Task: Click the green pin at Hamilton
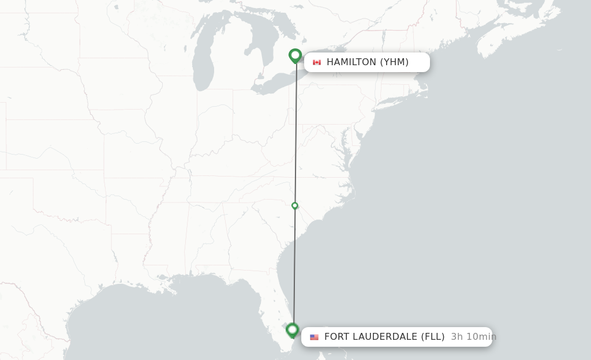[295, 55]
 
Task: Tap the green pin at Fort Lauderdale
[293, 330]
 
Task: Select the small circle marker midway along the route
[295, 206]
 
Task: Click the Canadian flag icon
[316, 62]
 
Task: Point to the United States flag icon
[314, 337]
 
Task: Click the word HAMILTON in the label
[351, 62]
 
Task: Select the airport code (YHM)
[394, 62]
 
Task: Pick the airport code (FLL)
[433, 337]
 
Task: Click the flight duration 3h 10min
[473, 337]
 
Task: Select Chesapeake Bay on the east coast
[345, 141]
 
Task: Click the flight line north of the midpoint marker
[295, 133]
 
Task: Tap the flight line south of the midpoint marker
[294, 265]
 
